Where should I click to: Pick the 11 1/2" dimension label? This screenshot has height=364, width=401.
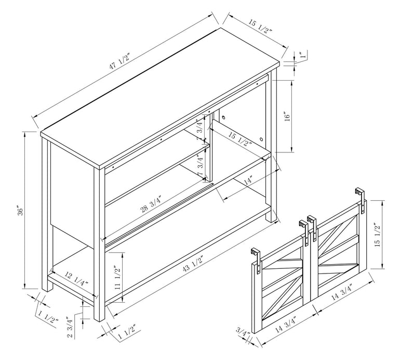[119, 277]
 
